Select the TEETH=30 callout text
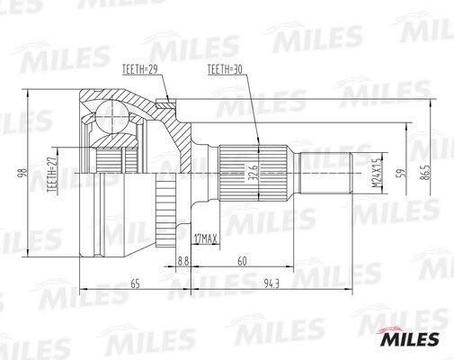224,68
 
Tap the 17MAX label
206,238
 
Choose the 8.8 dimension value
184,260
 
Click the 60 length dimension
242,260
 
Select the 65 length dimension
135,283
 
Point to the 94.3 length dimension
271,283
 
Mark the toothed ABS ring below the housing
165,214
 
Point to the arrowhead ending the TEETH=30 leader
259,144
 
